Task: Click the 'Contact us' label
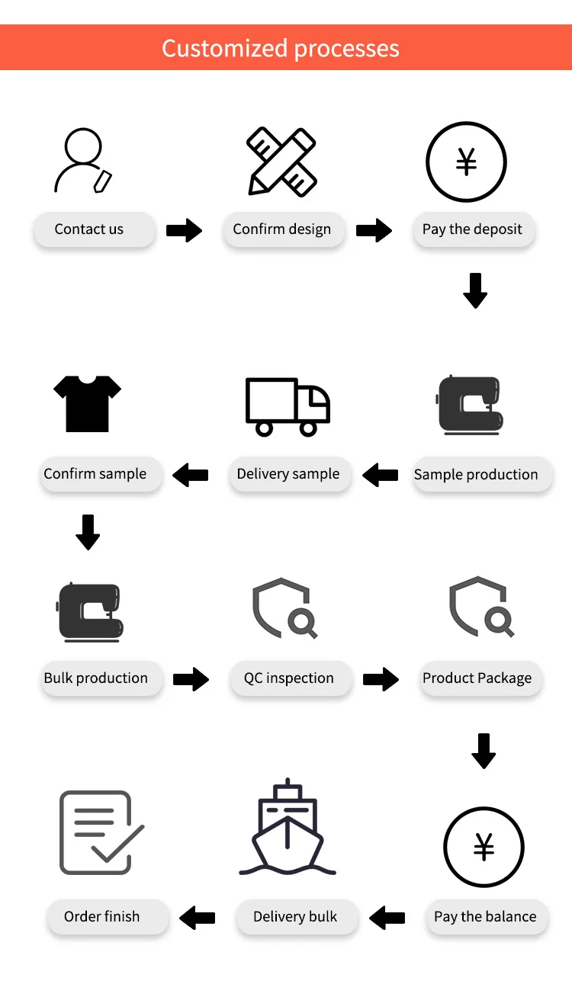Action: point(89,229)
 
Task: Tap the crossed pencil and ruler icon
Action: point(281,162)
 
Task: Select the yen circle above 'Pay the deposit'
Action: point(466,162)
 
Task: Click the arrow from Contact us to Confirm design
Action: point(184,230)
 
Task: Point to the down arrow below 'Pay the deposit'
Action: point(475,290)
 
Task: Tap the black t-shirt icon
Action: point(88,403)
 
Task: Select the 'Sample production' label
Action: point(476,475)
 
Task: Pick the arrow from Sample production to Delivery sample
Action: point(380,476)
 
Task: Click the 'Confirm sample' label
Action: point(95,474)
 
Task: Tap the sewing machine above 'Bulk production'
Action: point(91,612)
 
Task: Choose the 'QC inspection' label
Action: point(289,678)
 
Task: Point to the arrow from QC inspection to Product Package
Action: point(381,679)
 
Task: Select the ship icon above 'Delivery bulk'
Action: point(288,827)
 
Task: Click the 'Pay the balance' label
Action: point(485,917)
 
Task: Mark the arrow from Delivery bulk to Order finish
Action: point(197,917)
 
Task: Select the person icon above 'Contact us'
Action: point(83,161)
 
